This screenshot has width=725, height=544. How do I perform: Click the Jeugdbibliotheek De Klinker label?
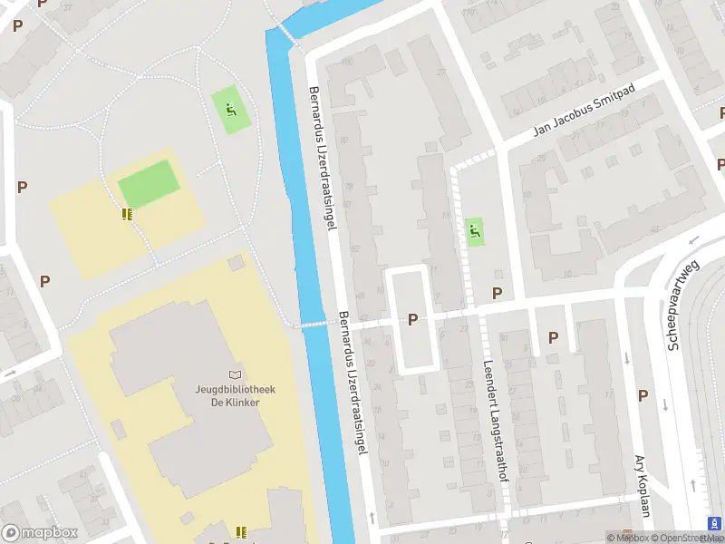tap(236, 395)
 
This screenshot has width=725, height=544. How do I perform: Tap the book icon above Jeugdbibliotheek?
tap(236, 374)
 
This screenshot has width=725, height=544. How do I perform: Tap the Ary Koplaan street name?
tap(643, 485)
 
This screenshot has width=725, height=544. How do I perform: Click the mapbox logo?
tap(40, 533)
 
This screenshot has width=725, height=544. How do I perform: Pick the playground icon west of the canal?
tap(230, 111)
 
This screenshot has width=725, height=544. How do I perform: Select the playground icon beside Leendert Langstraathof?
tap(473, 231)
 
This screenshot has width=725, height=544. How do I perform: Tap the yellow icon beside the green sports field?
tap(126, 214)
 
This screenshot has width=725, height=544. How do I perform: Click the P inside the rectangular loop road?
tap(413, 319)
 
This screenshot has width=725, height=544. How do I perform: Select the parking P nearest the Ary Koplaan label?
tap(643, 395)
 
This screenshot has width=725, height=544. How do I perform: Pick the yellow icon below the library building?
tap(240, 531)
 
